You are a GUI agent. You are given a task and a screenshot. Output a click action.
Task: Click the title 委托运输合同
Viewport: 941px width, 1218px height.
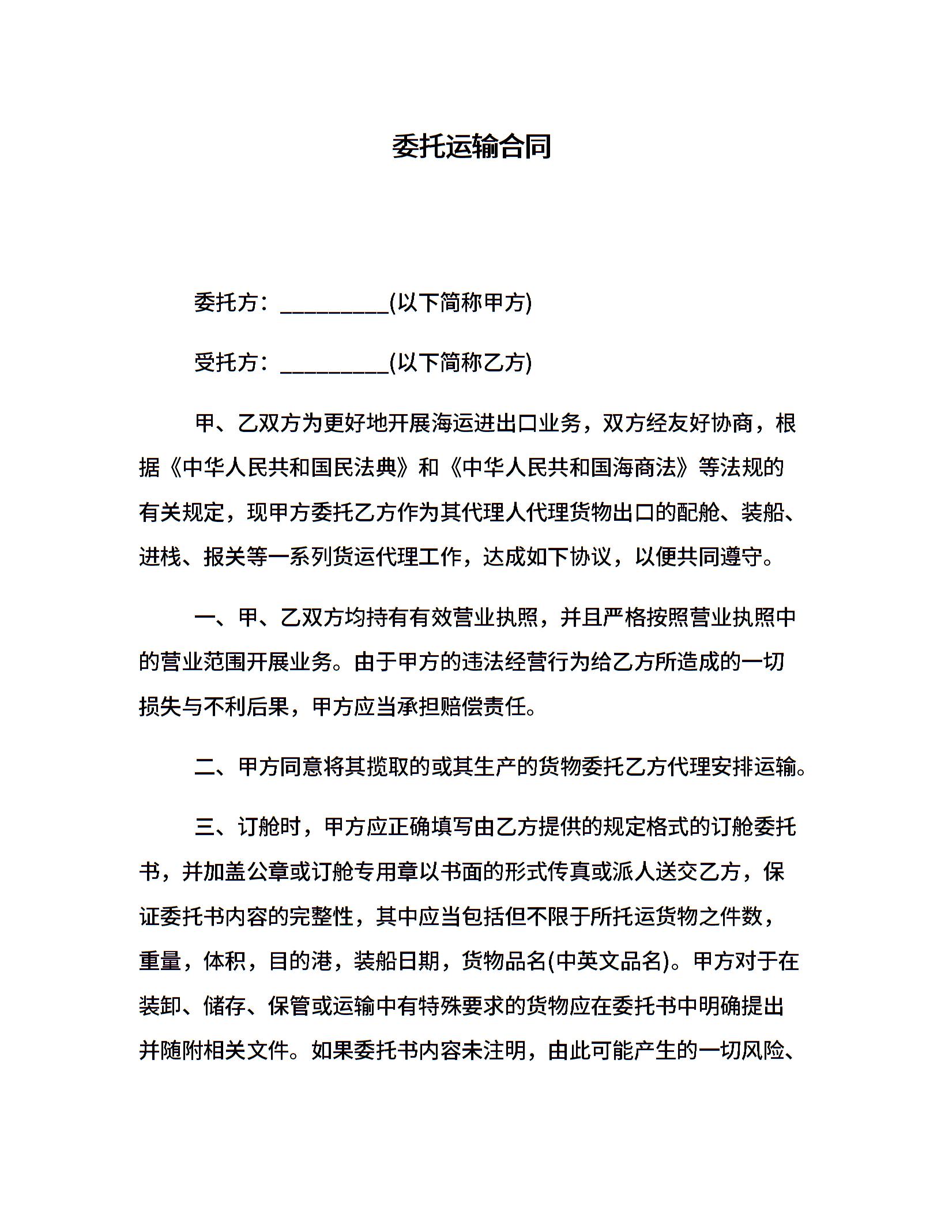[471, 146]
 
